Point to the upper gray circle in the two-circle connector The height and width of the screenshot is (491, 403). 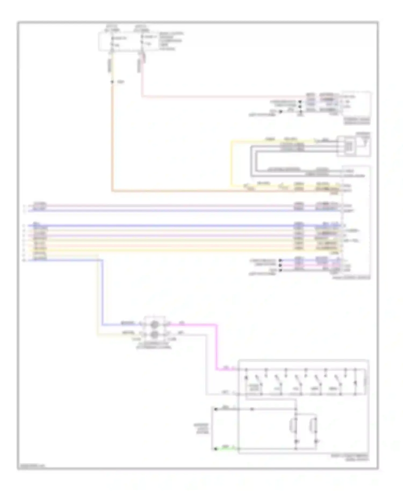pyautogui.click(x=154, y=325)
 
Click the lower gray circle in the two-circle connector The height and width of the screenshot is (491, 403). pyautogui.click(x=154, y=334)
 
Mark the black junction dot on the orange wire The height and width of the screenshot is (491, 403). pyautogui.click(x=112, y=82)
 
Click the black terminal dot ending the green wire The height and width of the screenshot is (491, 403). pyautogui.click(x=215, y=448)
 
